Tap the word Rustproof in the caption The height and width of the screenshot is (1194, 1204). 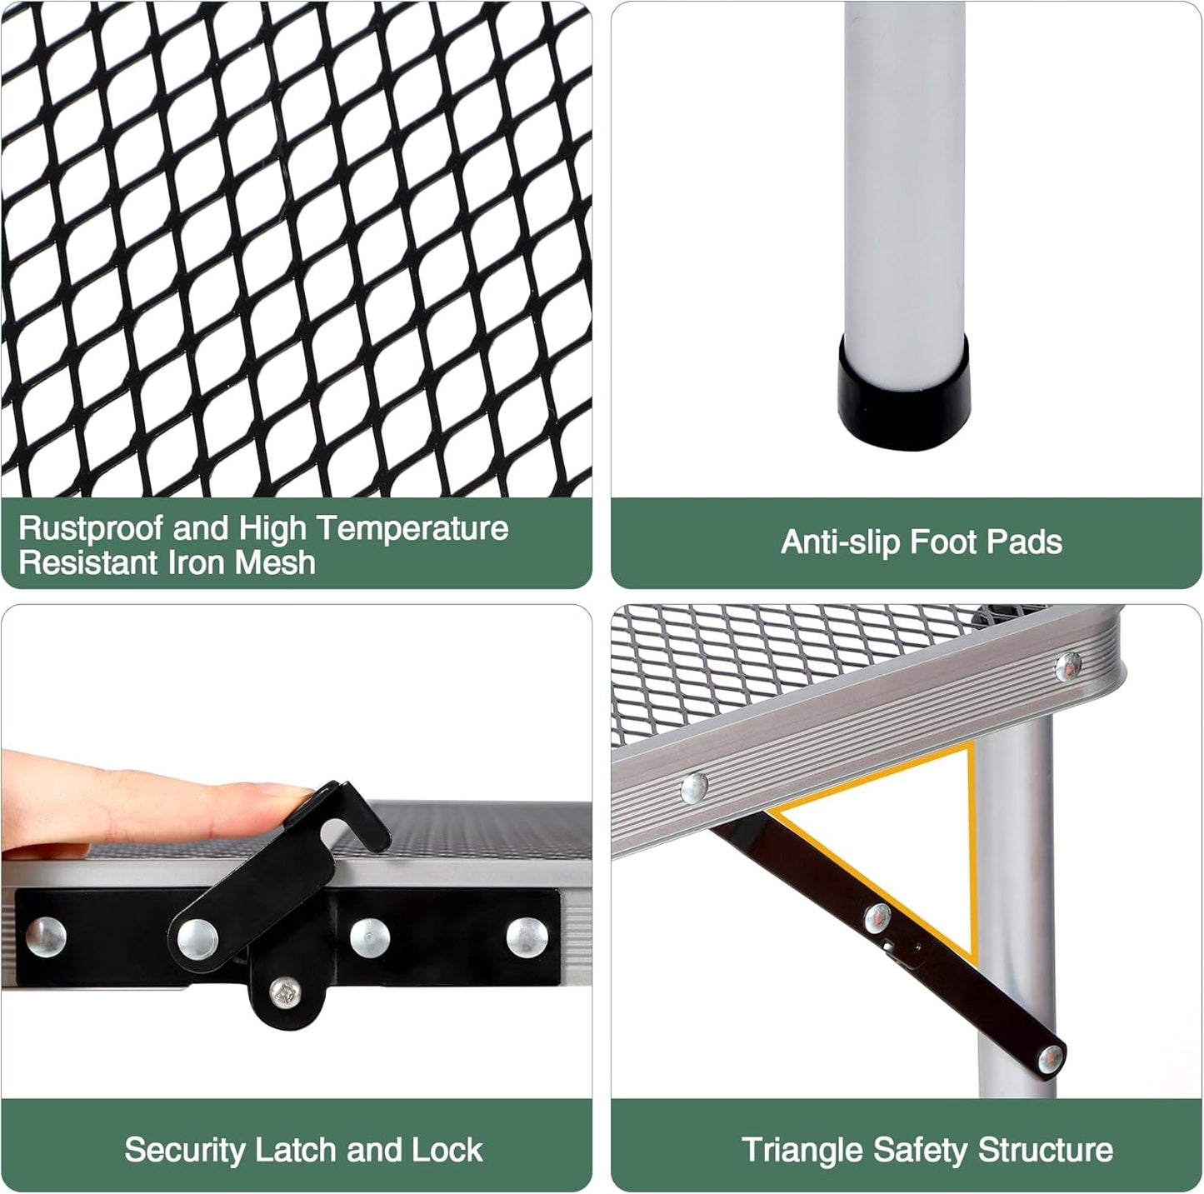point(91,528)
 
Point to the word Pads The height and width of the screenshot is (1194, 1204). point(1026,541)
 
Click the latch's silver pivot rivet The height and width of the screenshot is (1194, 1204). point(197,938)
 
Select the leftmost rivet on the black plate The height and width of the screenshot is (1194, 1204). point(46,937)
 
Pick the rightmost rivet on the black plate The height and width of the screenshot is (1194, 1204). point(527,937)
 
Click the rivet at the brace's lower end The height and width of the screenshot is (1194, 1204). point(1051,1060)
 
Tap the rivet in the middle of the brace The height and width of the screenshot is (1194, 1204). point(878,919)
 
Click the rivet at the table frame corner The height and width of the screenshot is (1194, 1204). point(1068,667)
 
